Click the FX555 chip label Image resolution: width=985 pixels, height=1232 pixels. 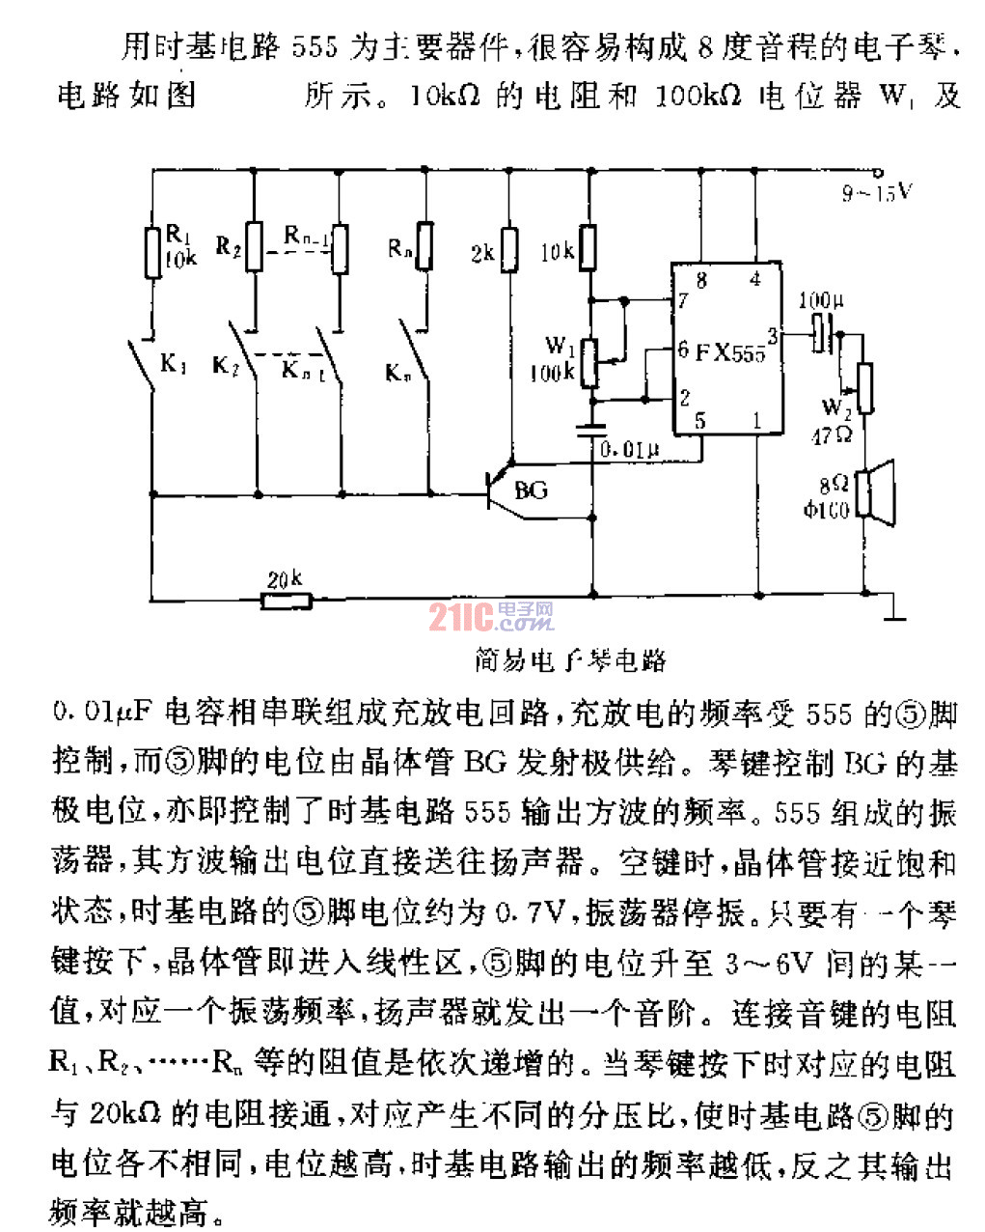pos(730,352)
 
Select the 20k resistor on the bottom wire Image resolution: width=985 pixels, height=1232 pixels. pos(287,601)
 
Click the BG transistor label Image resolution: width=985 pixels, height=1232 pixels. pos(531,490)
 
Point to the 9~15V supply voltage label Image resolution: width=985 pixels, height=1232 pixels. pos(876,193)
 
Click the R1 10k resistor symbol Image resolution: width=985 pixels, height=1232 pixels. pos(152,253)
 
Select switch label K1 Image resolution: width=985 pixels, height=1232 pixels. pos(173,364)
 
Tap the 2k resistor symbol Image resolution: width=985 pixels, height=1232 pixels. pos(510,250)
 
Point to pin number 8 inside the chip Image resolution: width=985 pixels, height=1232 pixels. pos(701,281)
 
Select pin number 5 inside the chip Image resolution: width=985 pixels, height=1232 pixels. pos(700,420)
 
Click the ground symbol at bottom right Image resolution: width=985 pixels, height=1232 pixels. pos(895,612)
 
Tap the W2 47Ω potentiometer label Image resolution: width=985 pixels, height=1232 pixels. pos(833,421)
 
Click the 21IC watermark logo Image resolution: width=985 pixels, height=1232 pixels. pos(491,616)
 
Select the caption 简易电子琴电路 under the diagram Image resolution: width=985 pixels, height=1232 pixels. pos(570,660)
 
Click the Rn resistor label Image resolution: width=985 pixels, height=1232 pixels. pos(399,248)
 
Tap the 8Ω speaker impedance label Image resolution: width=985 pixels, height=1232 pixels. pos(834,484)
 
